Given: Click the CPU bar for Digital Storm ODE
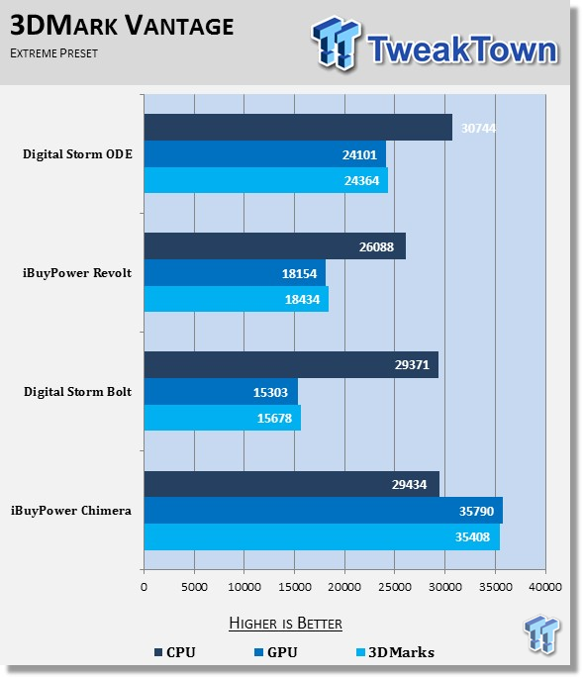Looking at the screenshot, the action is (298, 127).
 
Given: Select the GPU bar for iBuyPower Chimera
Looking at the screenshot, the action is (324, 510).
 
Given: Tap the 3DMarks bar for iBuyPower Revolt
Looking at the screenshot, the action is (237, 299).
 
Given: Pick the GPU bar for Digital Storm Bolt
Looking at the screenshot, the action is (221, 391).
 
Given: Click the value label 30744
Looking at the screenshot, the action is (478, 129).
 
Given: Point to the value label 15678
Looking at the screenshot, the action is (274, 418).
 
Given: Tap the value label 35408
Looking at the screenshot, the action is (472, 537).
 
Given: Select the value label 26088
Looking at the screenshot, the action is (376, 246).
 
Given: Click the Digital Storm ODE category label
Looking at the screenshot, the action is (77, 154).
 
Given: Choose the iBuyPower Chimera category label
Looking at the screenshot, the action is (71, 511).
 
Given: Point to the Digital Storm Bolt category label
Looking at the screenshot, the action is (77, 392).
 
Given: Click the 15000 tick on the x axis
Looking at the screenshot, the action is (295, 587).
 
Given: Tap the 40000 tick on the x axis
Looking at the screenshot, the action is (545, 587).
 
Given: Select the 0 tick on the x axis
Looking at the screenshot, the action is (145, 587).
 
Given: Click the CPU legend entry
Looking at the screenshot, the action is (175, 652).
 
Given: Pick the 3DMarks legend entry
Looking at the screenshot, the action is (395, 652).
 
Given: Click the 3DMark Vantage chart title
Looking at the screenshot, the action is (122, 26).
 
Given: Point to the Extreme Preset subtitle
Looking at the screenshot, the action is (54, 53).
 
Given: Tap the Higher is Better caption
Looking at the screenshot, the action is (285, 624).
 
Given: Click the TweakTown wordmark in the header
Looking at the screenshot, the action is (462, 48).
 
